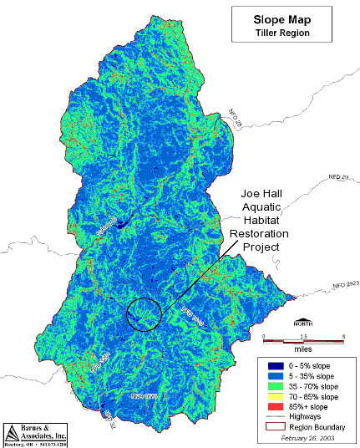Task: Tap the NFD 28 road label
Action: point(235,118)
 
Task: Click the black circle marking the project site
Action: point(143,314)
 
